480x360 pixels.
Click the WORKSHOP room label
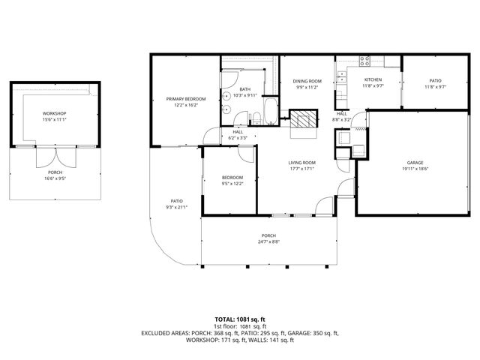tap(55, 113)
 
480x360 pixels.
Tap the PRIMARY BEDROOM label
tap(186, 99)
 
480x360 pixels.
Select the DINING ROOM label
tap(307, 81)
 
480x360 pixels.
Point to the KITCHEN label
tap(373, 79)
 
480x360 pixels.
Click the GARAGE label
tap(415, 163)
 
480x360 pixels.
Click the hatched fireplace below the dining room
tap(304, 119)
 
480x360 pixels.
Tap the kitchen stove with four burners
tap(366, 59)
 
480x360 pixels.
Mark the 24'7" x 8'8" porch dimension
tap(268, 241)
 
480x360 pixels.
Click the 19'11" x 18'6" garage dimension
tap(415, 169)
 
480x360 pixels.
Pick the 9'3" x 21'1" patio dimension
tap(176, 207)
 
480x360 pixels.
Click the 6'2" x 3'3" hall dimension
tap(238, 138)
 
